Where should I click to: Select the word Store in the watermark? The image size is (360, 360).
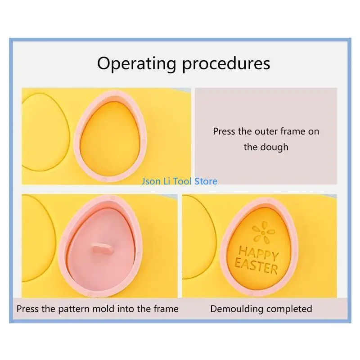click(x=206, y=181)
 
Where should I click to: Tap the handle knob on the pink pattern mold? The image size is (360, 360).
click(x=100, y=248)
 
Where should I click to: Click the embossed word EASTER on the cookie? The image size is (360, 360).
click(x=256, y=266)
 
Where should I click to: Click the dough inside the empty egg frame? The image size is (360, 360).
click(x=110, y=137)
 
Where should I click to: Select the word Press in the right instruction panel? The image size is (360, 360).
click(x=224, y=131)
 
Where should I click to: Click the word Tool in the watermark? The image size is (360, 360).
click(x=183, y=181)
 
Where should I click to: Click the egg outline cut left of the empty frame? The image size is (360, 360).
click(x=45, y=135)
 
